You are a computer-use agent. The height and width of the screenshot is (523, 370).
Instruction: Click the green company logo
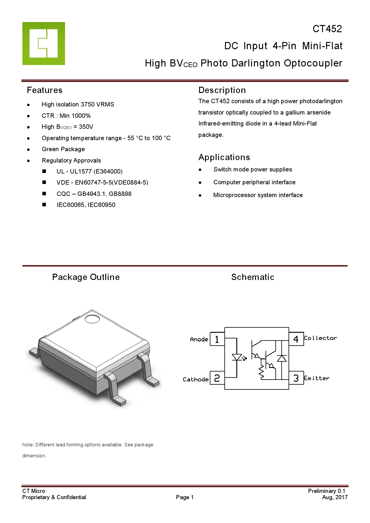pos(44,44)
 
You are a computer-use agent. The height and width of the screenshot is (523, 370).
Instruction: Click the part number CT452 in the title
pos(327,29)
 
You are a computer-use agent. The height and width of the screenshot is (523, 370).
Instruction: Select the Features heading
pos(45,90)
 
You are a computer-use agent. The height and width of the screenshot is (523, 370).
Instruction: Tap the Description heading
pos(222,90)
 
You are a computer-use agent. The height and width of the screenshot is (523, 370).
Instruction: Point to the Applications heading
pos(224,157)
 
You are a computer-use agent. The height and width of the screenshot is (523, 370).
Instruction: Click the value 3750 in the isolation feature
pos(88,105)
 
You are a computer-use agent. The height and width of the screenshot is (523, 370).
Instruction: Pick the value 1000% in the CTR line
pos(81,116)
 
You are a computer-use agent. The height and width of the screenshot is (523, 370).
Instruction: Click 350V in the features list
pos(86,127)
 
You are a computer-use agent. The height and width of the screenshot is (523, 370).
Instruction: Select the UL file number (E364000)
pos(108,172)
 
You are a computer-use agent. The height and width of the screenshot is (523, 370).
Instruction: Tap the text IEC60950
pos(101,205)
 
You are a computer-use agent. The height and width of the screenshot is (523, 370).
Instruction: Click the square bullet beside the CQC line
pos(44,194)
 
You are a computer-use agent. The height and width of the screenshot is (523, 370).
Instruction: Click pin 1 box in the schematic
pos(217,339)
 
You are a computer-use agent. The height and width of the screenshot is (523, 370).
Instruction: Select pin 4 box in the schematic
pos(296,339)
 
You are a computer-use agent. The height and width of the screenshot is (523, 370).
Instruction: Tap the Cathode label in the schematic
pos(195,380)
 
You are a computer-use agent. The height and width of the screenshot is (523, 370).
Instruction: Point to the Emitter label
pos(317,378)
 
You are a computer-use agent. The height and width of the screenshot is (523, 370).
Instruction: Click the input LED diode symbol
pos(237,357)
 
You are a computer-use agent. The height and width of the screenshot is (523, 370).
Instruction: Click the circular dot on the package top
pos(92,319)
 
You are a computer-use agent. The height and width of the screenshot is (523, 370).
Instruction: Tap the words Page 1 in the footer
pos(185,497)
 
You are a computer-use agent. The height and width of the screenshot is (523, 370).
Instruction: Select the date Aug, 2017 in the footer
pos(335,497)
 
